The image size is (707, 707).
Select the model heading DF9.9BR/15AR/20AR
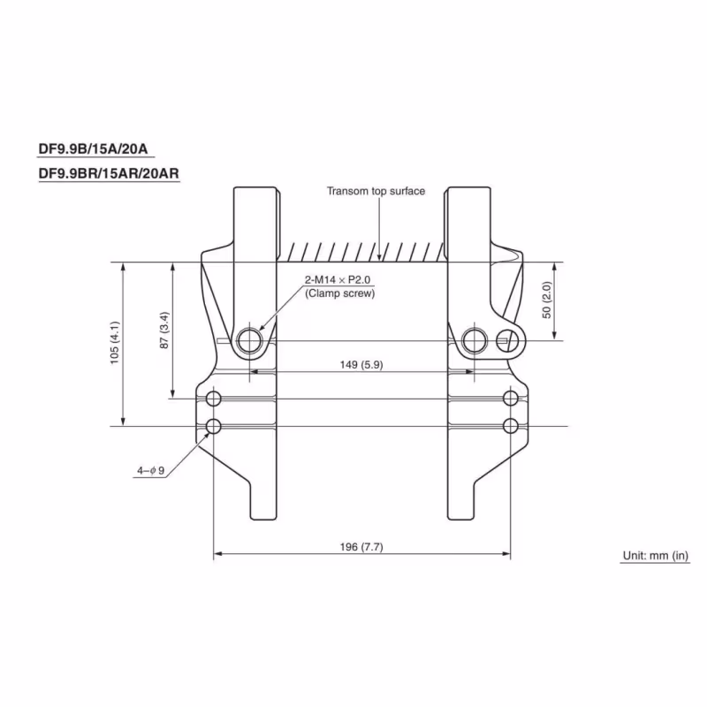click(x=109, y=173)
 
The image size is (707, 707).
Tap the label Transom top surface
click(x=376, y=191)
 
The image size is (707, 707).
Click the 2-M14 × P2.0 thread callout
click(x=339, y=280)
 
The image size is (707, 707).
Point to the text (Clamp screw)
click(x=340, y=293)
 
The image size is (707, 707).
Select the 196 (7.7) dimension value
click(x=361, y=547)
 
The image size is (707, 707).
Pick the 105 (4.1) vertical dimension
click(x=115, y=345)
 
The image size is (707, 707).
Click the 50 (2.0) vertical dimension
click(x=547, y=300)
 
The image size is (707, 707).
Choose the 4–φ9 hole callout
click(x=150, y=471)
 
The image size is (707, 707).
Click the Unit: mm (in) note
click(x=654, y=555)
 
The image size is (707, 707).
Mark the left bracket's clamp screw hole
click(x=250, y=339)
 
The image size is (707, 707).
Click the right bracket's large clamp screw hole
click(x=474, y=339)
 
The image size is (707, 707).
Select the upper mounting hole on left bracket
click(x=213, y=398)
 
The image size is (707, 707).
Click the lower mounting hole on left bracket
click(x=213, y=427)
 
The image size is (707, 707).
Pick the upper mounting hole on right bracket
click(x=510, y=398)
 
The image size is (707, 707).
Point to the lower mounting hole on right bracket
click(x=510, y=427)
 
